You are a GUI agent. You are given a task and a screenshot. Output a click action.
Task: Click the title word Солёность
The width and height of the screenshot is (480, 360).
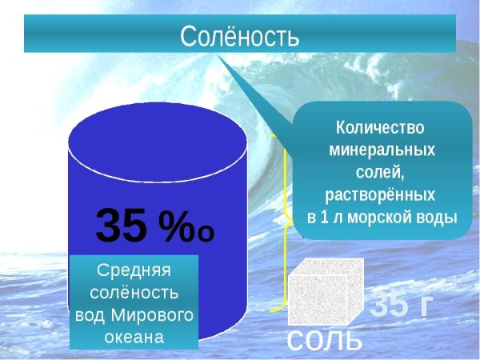[x=239, y=35]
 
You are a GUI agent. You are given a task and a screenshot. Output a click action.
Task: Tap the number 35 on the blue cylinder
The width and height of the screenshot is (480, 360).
[x=122, y=226]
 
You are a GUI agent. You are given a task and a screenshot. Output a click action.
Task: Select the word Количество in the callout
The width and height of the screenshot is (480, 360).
[x=380, y=127]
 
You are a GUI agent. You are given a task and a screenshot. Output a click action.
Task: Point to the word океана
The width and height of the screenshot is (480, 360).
[x=134, y=336]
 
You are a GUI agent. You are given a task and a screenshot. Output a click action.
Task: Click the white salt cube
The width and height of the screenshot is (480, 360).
[x=324, y=292]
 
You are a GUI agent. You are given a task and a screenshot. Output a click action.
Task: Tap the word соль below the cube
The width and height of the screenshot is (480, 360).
[x=323, y=340]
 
